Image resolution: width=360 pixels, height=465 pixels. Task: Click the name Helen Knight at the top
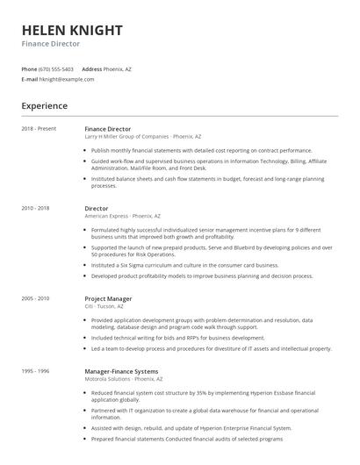(x=72, y=30)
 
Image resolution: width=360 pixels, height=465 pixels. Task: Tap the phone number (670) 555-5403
(x=56, y=68)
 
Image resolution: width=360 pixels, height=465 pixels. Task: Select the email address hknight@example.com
(x=66, y=79)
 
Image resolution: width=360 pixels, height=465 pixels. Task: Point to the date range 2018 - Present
(x=39, y=129)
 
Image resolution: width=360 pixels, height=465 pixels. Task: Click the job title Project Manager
(x=108, y=298)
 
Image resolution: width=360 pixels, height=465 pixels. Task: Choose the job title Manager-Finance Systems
(x=122, y=371)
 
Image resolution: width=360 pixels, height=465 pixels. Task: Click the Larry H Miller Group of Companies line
(x=142, y=137)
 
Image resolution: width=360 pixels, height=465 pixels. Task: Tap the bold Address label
(x=92, y=68)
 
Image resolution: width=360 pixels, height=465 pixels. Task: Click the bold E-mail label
(x=29, y=79)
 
